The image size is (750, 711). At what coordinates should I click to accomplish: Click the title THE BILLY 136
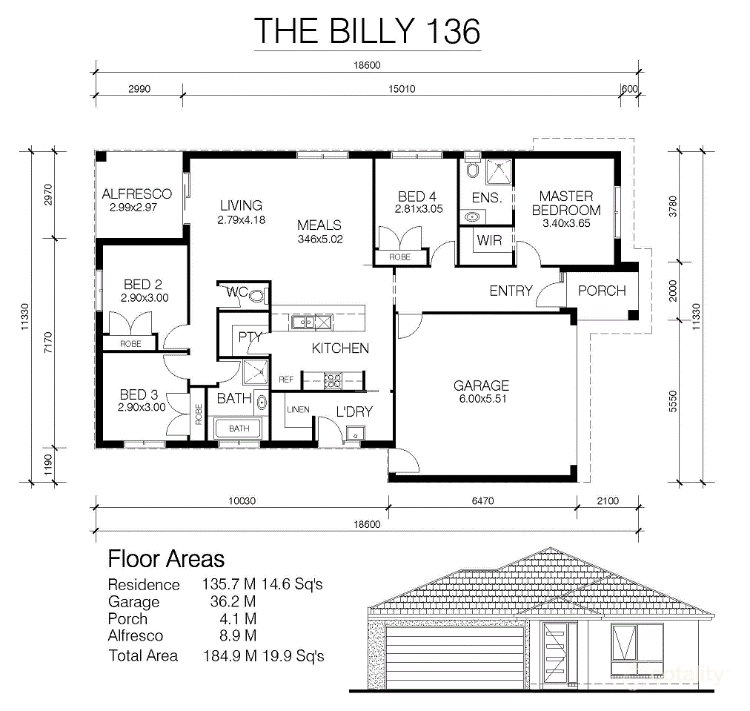[367, 30]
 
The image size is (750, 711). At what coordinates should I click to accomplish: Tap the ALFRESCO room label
[136, 194]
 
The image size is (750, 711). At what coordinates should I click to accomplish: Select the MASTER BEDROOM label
[566, 202]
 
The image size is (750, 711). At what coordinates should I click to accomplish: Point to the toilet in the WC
[256, 296]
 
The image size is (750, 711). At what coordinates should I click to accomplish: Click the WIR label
[489, 240]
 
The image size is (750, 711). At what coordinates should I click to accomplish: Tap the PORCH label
[601, 291]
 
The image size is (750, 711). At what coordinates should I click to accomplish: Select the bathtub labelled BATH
[239, 429]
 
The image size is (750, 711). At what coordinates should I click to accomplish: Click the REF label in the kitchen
[286, 380]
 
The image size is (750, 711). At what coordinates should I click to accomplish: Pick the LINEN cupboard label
[297, 409]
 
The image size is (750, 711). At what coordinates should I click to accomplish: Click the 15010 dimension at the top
[401, 88]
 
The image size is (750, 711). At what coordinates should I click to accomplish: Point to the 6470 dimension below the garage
[482, 501]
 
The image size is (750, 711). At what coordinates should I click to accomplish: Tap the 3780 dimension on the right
[672, 204]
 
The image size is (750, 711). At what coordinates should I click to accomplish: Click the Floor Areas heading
[166, 558]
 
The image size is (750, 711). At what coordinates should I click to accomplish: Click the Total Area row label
[143, 655]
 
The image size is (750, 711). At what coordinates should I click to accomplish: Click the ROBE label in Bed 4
[400, 257]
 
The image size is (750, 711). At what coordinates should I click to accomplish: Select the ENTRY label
[511, 291]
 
